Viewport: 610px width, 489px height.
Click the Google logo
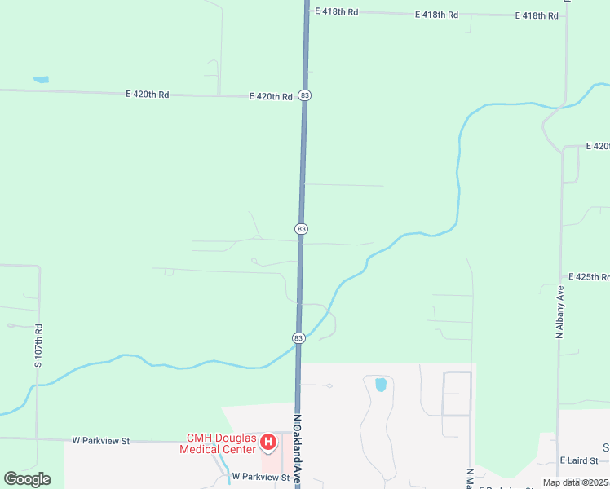27,479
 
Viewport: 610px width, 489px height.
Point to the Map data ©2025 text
575,482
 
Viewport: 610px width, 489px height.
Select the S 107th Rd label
38,346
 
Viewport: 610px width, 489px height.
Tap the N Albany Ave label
560,311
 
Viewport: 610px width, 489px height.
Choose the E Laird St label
579,461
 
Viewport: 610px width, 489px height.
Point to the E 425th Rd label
589,277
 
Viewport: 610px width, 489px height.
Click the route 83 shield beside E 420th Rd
304,95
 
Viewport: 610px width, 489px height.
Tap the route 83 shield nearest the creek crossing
298,337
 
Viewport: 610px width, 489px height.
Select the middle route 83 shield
302,229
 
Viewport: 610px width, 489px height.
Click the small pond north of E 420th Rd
41,80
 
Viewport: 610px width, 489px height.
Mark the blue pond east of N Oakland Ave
380,384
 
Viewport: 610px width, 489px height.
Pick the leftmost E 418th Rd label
336,12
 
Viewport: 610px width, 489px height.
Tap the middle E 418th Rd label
436,15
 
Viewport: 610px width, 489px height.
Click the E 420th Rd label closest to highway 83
271,96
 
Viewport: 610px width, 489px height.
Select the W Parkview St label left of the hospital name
101,440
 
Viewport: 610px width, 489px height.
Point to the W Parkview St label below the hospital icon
261,476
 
